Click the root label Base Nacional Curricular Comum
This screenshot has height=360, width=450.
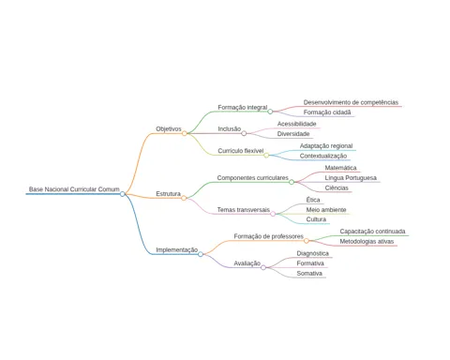point(74,189)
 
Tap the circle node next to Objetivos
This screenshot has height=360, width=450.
point(185,133)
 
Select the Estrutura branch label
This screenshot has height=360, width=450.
point(168,194)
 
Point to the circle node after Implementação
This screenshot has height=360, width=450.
point(201,254)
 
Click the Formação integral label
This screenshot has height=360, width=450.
point(243,107)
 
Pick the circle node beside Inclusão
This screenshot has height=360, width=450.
point(244,133)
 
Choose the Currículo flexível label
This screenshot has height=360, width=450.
point(241,151)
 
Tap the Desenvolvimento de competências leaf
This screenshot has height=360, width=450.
point(351,102)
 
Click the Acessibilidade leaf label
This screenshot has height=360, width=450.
point(296,124)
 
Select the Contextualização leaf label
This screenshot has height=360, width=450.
point(323,156)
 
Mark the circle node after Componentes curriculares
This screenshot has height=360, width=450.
point(292,182)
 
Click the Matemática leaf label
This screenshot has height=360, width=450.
point(340,168)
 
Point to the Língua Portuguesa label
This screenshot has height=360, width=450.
point(351,178)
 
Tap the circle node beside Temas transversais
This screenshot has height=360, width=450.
point(273,214)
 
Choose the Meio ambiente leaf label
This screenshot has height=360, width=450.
point(326,210)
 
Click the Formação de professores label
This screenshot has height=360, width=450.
point(268,236)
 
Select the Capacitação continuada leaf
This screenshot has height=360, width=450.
point(372,232)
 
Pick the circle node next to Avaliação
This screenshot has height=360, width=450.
point(263,267)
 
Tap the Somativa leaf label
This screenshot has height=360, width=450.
point(309,273)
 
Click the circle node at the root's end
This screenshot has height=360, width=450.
point(123,194)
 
